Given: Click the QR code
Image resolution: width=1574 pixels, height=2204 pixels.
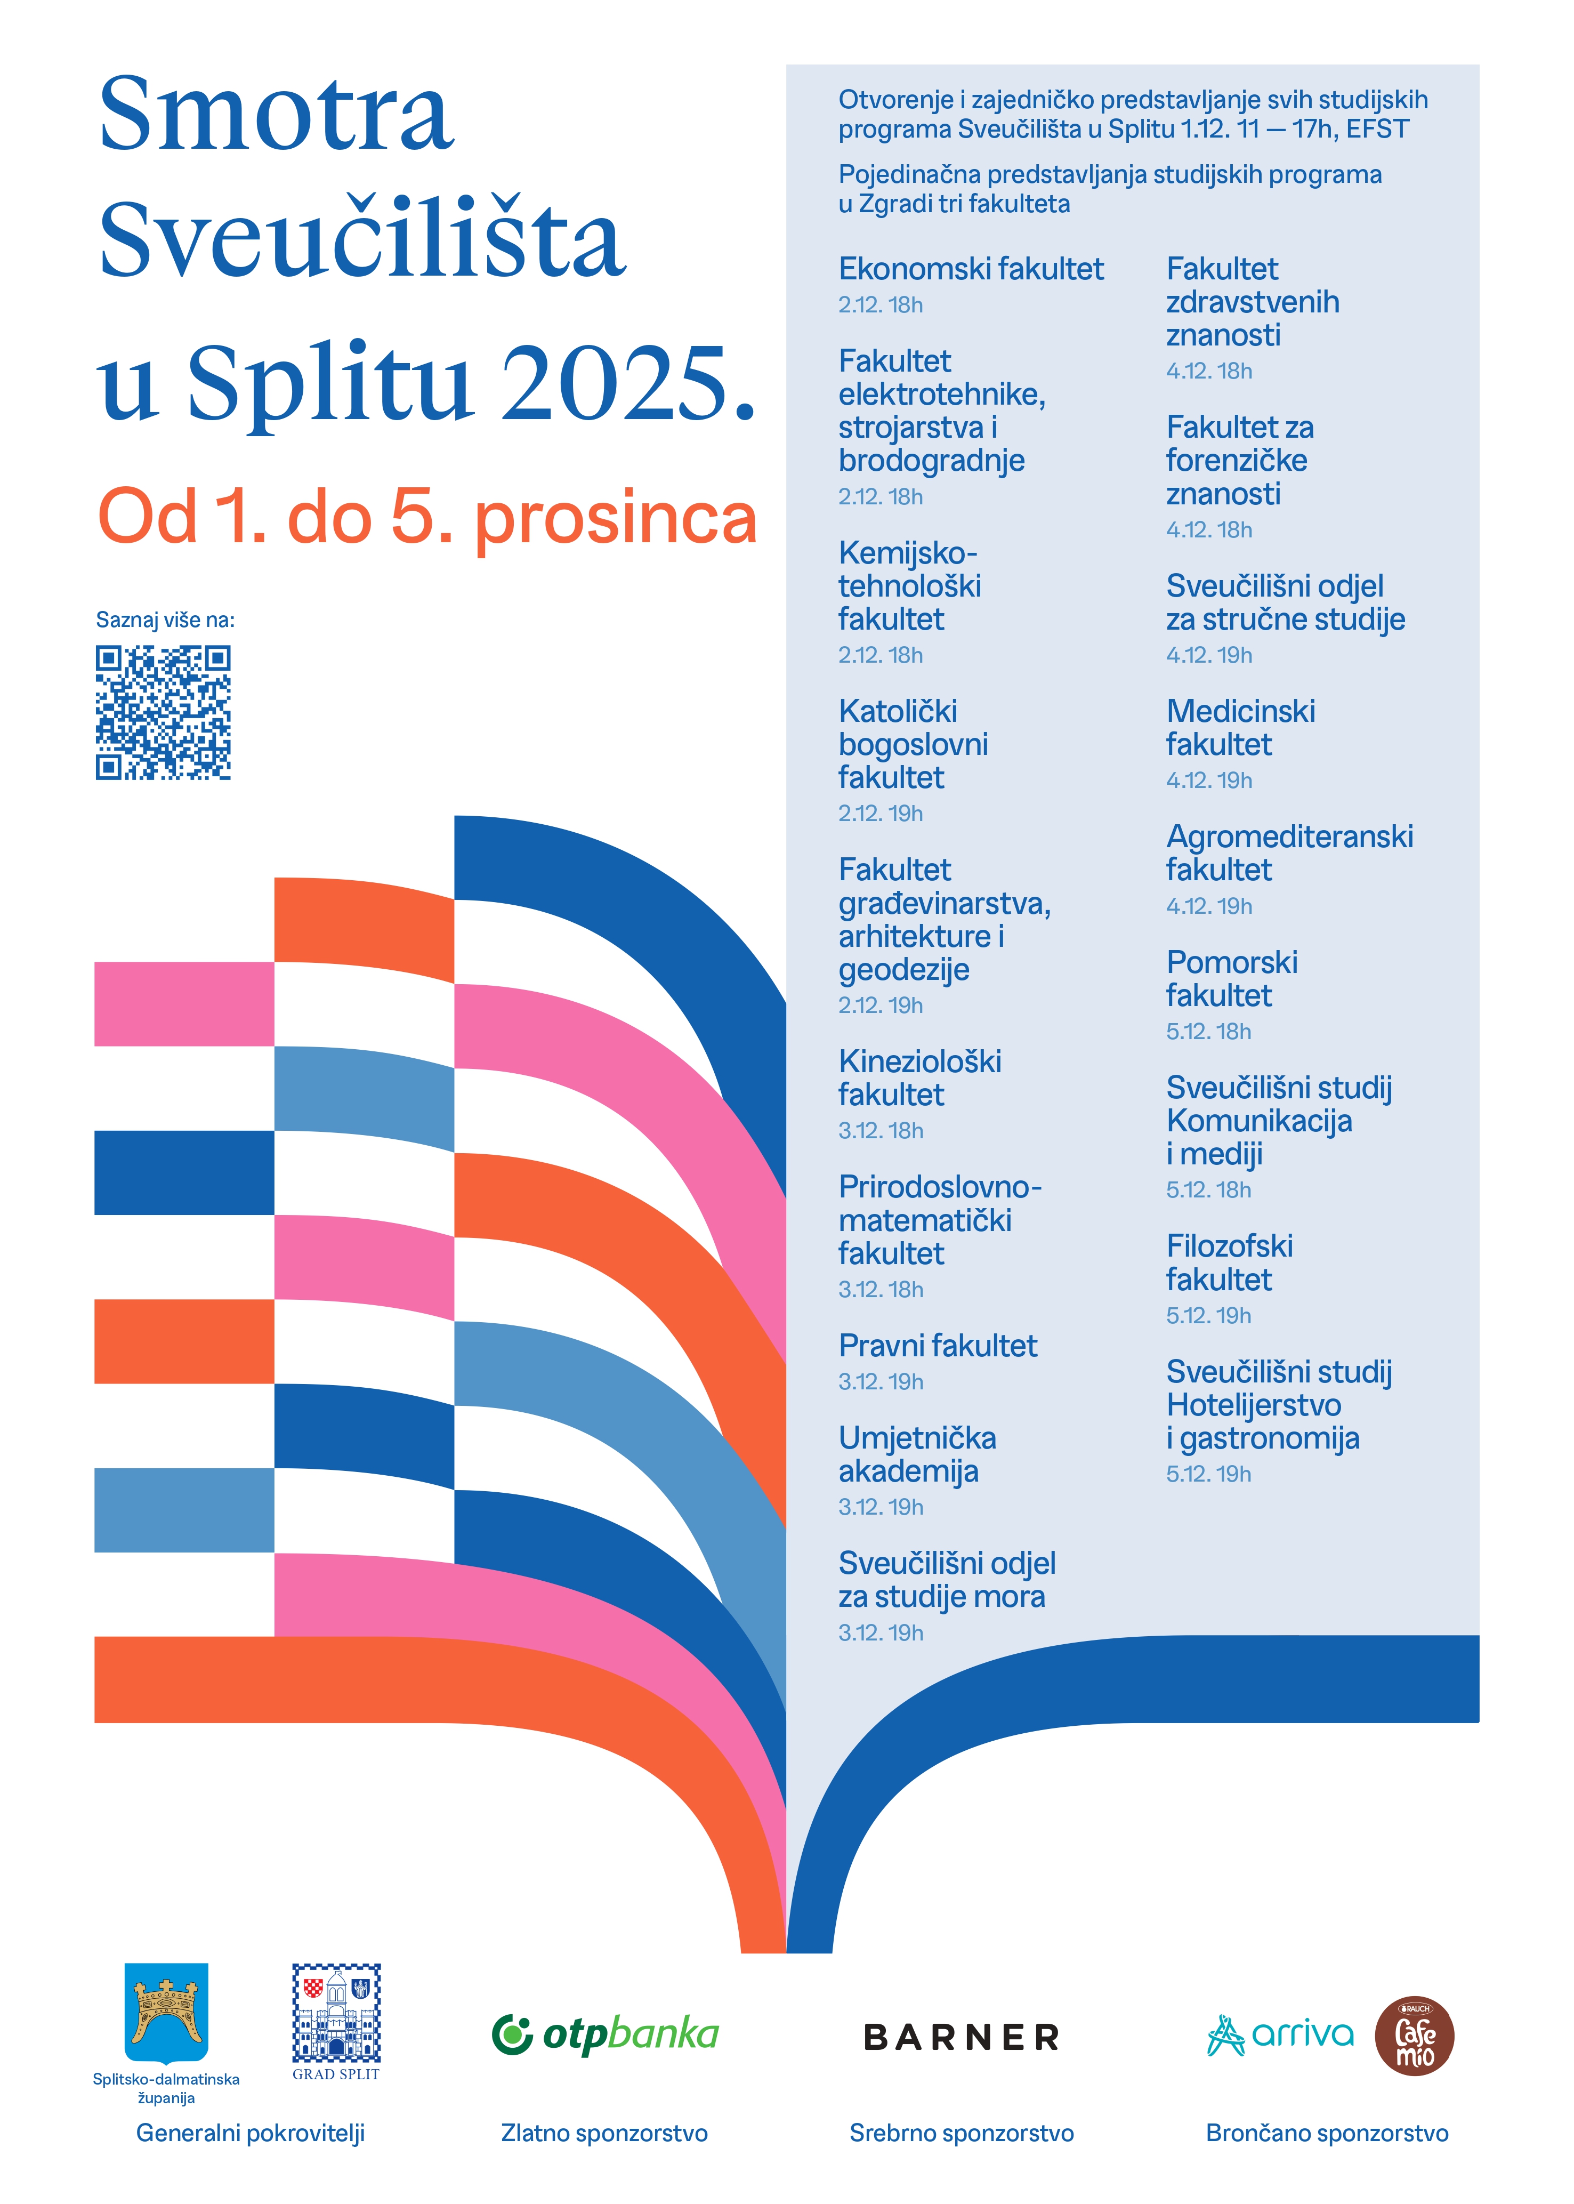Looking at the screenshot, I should pyautogui.click(x=163, y=712).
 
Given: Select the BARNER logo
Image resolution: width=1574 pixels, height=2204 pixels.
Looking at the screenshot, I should pyautogui.click(x=962, y=2036).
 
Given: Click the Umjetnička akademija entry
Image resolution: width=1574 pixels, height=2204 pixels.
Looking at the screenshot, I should pyautogui.click(x=917, y=1454).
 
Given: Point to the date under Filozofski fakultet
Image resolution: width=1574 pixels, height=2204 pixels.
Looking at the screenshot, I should pyautogui.click(x=1208, y=1315).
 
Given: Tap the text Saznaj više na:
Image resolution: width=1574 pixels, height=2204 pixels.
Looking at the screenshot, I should pyautogui.click(x=165, y=620).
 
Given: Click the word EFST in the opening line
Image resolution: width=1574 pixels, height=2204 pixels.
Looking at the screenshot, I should pyautogui.click(x=1376, y=129).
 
